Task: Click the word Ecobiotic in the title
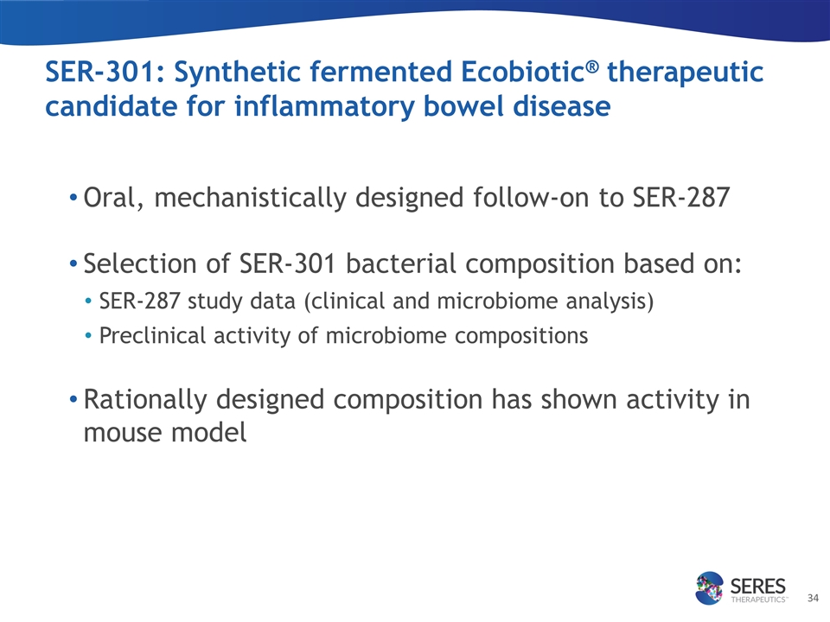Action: click(x=522, y=72)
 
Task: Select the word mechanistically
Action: click(x=250, y=199)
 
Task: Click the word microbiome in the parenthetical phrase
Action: click(x=498, y=301)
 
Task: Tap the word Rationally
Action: click(x=145, y=400)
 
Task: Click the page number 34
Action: click(x=813, y=598)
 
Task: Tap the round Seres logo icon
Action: click(x=709, y=587)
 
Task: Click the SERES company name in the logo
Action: click(x=758, y=586)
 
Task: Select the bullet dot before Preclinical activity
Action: click(x=88, y=335)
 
